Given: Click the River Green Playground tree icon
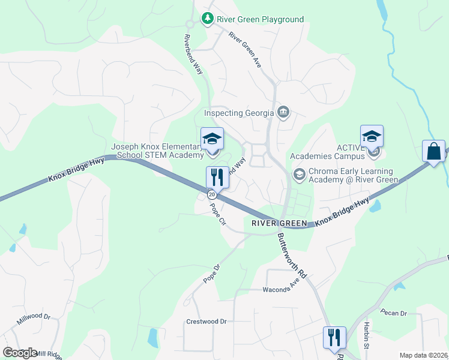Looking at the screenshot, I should coord(208,19).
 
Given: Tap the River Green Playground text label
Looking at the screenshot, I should coord(260,19).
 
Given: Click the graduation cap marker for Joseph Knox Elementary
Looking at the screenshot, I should coord(212,139).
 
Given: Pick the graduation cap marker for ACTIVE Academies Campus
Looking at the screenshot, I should coord(372,137).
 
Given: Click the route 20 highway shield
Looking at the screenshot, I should coord(212,194).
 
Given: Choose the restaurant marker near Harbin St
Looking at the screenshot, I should coord(334,337).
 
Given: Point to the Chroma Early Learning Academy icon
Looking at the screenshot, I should coord(298,174).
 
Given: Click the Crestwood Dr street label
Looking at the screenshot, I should coord(206,322).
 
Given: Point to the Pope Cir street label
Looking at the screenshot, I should coord(217,214).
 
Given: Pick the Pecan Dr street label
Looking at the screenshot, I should coord(394,313).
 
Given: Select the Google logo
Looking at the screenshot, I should coord(20,353).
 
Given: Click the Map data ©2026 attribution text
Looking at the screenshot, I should coord(423,355).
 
